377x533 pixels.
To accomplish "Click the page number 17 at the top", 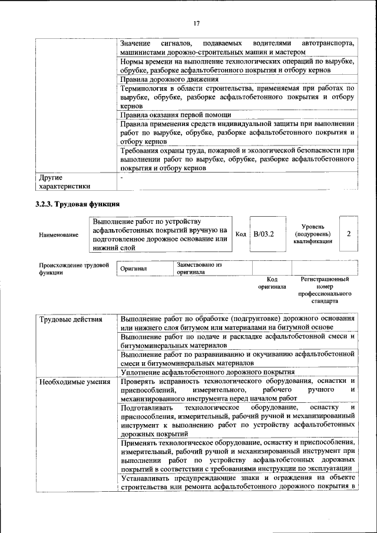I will [196, 24].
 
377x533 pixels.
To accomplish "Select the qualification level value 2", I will [349, 234].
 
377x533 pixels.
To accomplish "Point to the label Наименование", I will [58, 235].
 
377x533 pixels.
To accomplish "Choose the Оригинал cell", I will [133, 269].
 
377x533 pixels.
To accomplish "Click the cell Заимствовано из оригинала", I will [198, 269].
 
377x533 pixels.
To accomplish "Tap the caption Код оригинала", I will [272, 283].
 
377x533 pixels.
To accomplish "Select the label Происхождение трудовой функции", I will [74, 269].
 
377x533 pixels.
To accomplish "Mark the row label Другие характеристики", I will [64, 181].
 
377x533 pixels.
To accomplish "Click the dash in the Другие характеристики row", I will [122, 177].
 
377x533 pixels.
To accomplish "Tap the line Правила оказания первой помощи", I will [176, 114].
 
